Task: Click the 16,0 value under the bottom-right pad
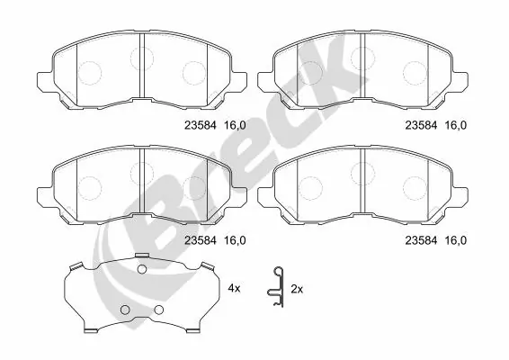456,240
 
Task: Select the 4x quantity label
235,288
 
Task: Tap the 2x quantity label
297,288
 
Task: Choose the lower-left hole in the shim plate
125,311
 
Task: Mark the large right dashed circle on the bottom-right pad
415,185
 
